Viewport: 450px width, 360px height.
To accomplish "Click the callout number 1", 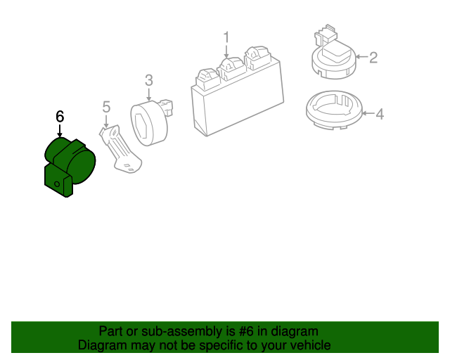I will (x=226, y=36).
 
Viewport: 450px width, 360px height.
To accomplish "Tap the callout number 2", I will (x=373, y=57).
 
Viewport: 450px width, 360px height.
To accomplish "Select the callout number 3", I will (x=149, y=80).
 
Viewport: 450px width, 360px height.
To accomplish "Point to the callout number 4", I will (x=379, y=113).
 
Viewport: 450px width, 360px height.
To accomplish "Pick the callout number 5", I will (x=106, y=107).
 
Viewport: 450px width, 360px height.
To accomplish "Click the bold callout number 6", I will (x=60, y=116).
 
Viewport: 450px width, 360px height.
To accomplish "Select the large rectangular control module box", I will (x=236, y=102).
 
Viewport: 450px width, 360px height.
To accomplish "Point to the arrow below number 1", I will (x=226, y=51).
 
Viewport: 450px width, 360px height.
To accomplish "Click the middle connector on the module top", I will (x=231, y=66).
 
